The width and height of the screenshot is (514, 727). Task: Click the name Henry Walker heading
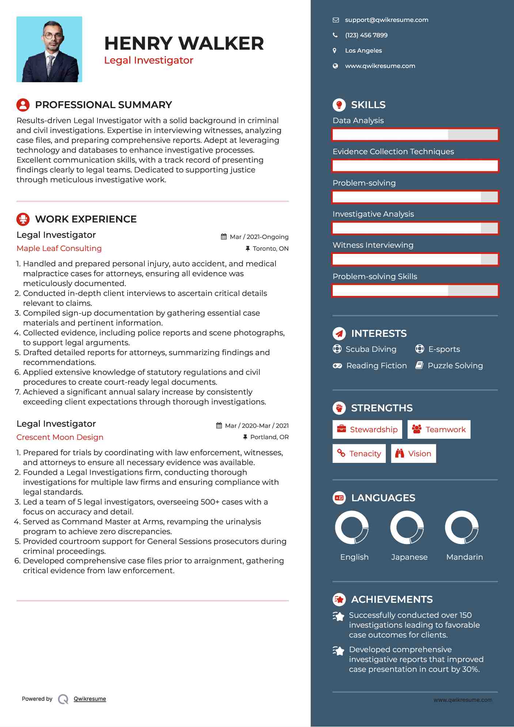tap(184, 43)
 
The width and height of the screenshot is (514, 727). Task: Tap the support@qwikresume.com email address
tap(387, 20)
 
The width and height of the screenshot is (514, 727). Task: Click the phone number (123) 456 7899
tap(366, 35)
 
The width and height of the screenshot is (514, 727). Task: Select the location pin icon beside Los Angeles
tap(335, 51)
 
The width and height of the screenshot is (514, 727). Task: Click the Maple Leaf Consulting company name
tap(59, 248)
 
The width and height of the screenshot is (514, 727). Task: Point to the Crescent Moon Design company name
tap(60, 437)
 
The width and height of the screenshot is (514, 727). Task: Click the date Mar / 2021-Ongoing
tap(259, 237)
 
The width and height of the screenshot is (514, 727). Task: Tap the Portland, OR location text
tap(269, 437)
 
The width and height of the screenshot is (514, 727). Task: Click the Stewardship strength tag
tap(367, 430)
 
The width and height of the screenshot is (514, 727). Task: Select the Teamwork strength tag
tap(439, 430)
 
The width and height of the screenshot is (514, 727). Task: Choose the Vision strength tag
tap(413, 454)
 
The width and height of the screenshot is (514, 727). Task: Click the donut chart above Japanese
tap(407, 528)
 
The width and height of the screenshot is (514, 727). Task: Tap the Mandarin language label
tap(464, 557)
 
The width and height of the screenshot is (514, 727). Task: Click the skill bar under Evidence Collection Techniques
tap(415, 166)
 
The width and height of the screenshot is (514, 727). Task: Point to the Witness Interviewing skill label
tap(373, 245)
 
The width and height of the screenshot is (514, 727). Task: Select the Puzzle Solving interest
tap(455, 366)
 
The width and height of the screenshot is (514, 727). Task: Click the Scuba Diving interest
tap(370, 349)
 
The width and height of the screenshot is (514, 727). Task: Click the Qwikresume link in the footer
tap(90, 699)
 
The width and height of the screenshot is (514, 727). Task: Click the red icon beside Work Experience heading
tap(23, 219)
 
